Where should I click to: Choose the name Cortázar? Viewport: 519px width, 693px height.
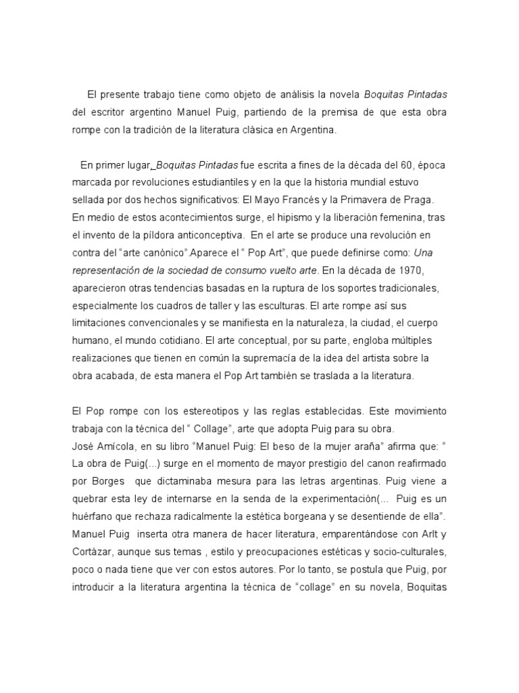tap(92, 552)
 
